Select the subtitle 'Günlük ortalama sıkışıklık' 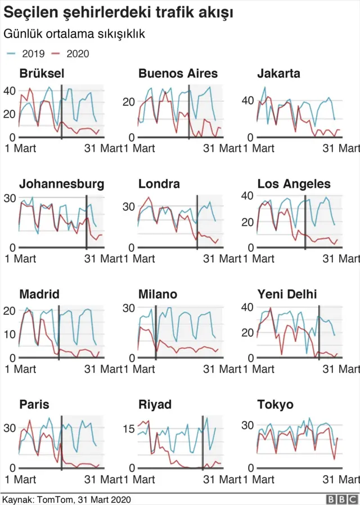pos(75,34)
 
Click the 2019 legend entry pos(23,54)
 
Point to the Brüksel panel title pos(42,74)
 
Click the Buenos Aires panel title pos(178,74)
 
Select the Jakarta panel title pos(278,74)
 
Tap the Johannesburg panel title pos(61,184)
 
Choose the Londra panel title pos(159,184)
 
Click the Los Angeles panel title pos(294,184)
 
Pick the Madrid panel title pos(39,295)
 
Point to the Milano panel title pos(158,295)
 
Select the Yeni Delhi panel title pos(287,295)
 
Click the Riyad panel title pos(155,405)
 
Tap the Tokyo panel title pos(275,405)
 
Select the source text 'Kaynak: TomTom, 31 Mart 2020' pos(66,499)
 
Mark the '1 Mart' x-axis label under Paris pos(20,480)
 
